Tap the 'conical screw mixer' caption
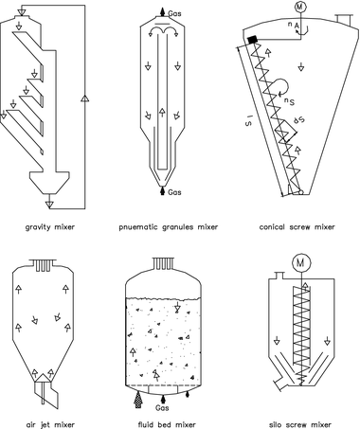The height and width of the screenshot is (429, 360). coord(297,227)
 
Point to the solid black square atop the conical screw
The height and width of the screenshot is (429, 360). coord(253,40)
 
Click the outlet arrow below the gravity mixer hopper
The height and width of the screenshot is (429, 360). coord(49,202)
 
